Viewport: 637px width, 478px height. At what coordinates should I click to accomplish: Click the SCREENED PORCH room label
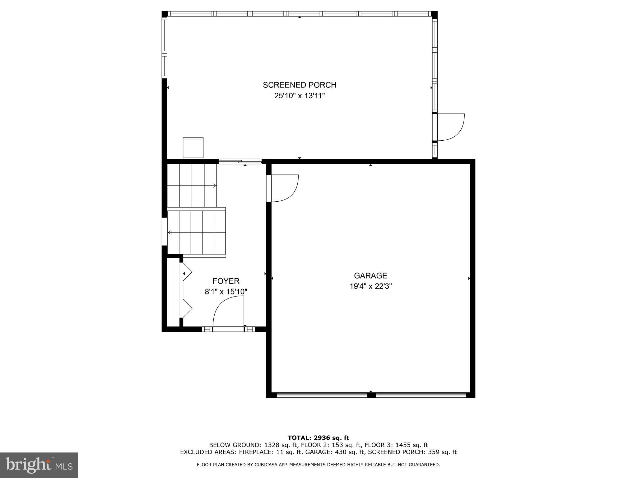tap(300, 85)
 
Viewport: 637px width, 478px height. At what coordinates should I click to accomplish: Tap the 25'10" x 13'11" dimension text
tap(300, 96)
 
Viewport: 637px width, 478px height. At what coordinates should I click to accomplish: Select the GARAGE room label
tap(370, 275)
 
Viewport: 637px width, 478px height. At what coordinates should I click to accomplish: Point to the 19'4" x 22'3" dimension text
tap(370, 286)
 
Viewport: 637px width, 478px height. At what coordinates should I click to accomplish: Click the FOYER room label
tap(226, 281)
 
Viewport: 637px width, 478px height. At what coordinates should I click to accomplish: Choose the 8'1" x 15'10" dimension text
tap(226, 292)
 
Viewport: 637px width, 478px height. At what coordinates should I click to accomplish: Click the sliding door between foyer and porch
tap(240, 161)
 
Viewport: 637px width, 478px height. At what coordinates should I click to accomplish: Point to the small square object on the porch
tap(193, 148)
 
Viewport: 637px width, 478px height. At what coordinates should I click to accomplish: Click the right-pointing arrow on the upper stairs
tap(214, 185)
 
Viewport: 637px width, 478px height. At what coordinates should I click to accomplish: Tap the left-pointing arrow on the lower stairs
tap(170, 232)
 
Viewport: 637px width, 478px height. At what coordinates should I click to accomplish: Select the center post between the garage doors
tap(371, 395)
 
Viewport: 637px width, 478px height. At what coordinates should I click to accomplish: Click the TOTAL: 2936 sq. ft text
tap(318, 438)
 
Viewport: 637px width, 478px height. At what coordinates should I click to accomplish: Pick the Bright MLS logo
tap(39, 465)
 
